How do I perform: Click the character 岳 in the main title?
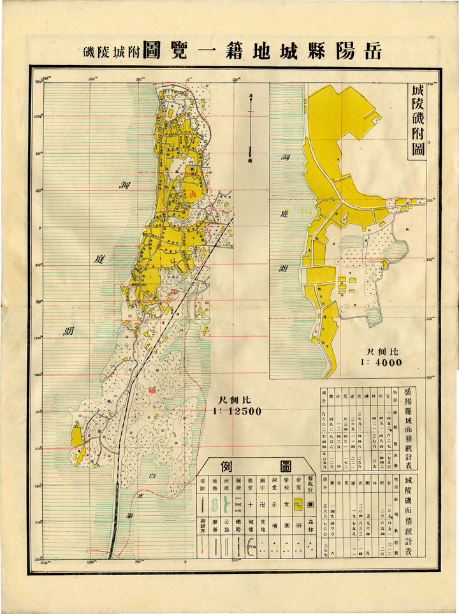(370, 52)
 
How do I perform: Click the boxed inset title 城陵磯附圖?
(419, 124)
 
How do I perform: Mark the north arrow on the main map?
(251, 124)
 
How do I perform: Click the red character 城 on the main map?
(191, 195)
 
